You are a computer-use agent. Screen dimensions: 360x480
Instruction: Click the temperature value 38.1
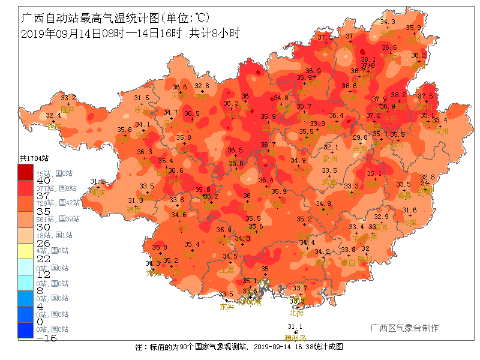368,59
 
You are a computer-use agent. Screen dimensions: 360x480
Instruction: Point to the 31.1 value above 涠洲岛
295,327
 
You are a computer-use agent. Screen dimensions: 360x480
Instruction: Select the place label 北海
296,312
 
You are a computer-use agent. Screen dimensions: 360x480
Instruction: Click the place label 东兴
227,307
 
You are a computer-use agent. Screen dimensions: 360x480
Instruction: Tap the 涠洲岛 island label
295,338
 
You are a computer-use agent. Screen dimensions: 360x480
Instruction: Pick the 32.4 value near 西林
53,116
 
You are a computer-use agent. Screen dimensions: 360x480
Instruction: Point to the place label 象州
331,159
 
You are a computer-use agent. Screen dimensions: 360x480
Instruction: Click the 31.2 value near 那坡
97,181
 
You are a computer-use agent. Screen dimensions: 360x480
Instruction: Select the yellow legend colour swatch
26,250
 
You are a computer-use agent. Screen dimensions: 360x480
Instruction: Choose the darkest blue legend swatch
26,329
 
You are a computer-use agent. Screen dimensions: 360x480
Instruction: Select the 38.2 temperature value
398,95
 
